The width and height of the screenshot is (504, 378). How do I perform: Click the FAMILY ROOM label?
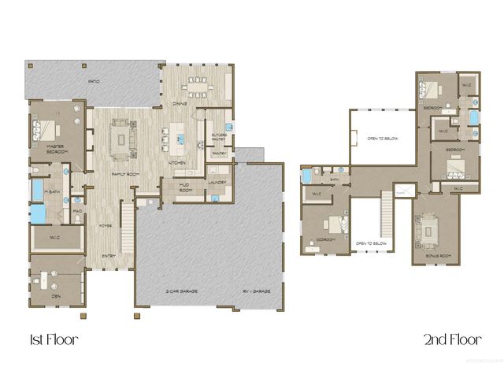(x=124, y=173)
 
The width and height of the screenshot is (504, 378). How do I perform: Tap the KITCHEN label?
(x=177, y=163)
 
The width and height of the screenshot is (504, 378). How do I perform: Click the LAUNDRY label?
(x=218, y=183)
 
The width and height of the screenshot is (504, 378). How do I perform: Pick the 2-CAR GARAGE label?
(x=181, y=291)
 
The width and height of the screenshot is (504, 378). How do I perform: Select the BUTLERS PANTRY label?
(x=218, y=135)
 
